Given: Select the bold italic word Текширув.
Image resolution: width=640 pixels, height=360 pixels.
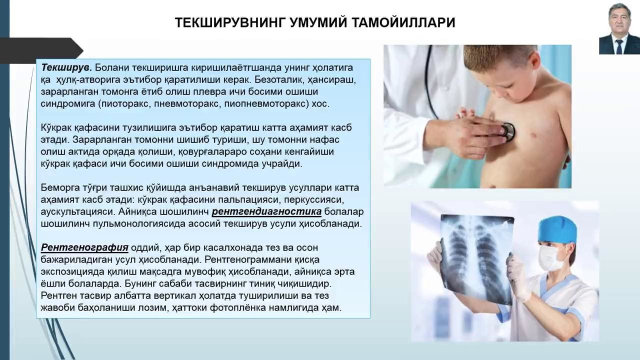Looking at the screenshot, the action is point(66,67).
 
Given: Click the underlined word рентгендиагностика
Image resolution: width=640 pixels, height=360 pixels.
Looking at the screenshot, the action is point(266,211).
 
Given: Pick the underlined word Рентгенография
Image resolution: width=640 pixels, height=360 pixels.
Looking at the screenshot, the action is point(84,247).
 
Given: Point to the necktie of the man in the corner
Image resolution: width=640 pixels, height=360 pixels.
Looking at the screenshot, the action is point(619,46).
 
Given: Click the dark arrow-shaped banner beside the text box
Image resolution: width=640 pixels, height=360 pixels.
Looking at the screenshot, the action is point(41,51).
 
